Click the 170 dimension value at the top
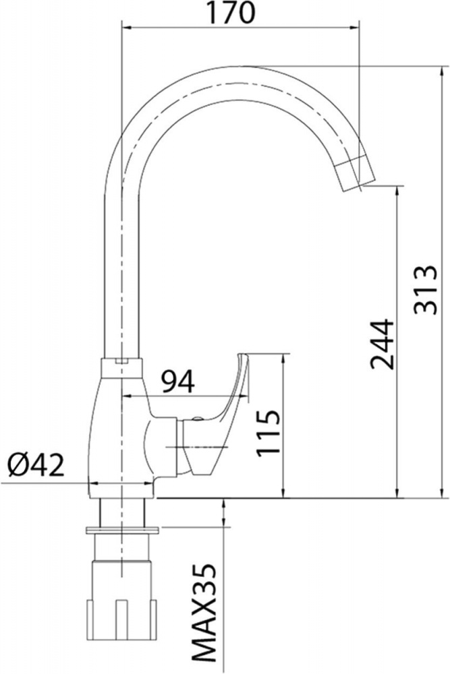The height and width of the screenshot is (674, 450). [232, 13]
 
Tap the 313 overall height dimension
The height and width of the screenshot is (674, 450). [426, 290]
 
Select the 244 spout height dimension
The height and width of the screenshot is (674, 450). [382, 344]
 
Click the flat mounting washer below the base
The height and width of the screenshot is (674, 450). [123, 530]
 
